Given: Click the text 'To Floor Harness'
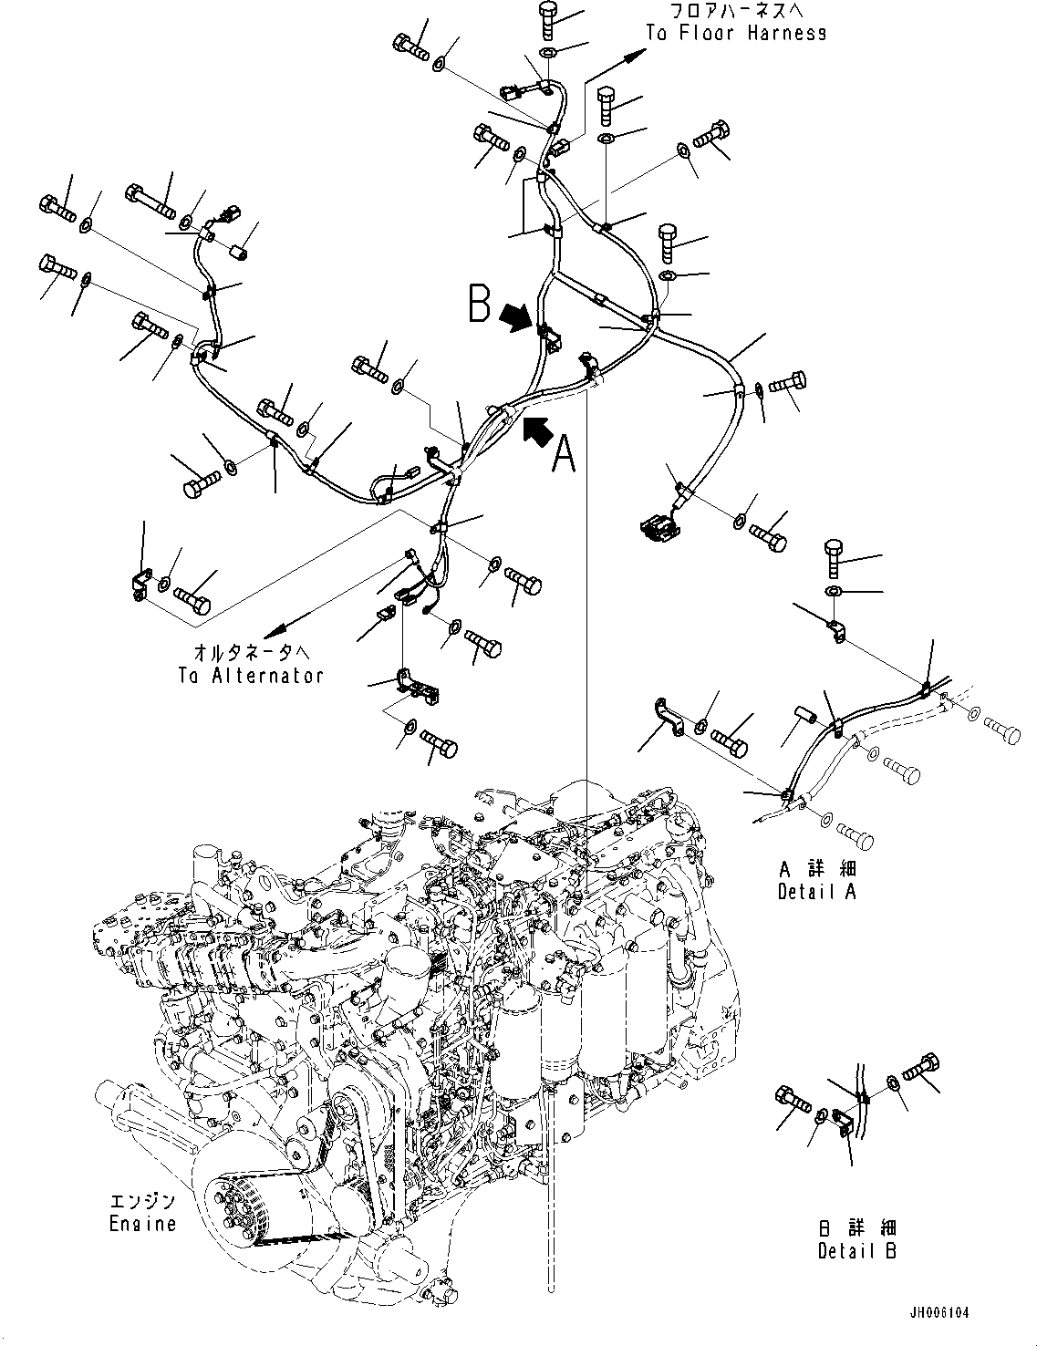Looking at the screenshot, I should pos(736,34).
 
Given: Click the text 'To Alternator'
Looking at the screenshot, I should pos(251,676).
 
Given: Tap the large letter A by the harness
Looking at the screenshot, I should pos(565,453).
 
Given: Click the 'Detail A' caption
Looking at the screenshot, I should pos(816,891).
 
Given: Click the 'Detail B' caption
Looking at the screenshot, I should pos(856,1251).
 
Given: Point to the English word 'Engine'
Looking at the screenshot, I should pos(143,1223).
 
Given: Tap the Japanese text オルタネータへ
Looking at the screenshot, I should pos(252,653).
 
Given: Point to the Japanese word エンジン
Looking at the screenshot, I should pos(143,1202).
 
